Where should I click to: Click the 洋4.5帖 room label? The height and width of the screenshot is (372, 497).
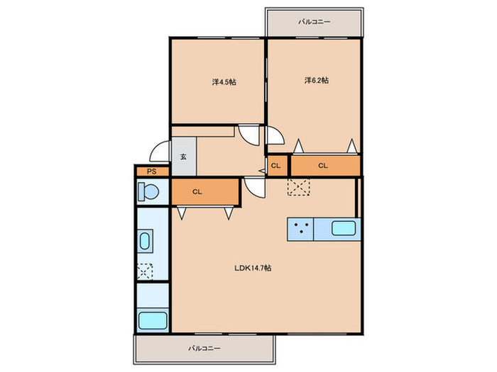pyautogui.click(x=224, y=82)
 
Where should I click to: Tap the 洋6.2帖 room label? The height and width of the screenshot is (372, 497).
pyautogui.click(x=317, y=80)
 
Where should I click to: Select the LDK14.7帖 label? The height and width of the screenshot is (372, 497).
pyautogui.click(x=253, y=268)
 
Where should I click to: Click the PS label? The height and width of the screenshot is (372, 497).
pyautogui.click(x=151, y=171)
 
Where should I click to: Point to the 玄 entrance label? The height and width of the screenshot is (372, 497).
pyautogui.click(x=183, y=157)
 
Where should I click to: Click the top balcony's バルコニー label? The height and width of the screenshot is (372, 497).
pyautogui.click(x=314, y=22)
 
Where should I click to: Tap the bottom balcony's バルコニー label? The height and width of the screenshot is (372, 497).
pyautogui.click(x=204, y=349)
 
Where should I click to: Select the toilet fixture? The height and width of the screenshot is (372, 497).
pyautogui.click(x=148, y=192)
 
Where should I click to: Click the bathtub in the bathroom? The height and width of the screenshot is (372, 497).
pyautogui.click(x=153, y=321)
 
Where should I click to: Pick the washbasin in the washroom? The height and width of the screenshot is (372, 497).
pyautogui.click(x=145, y=241)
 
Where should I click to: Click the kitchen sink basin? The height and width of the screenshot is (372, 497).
pyautogui.click(x=343, y=228)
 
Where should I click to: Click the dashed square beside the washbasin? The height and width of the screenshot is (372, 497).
pyautogui.click(x=145, y=271)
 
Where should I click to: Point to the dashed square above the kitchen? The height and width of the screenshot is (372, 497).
pyautogui.click(x=299, y=187)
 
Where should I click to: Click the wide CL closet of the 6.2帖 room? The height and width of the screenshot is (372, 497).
pyautogui.click(x=325, y=165)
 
